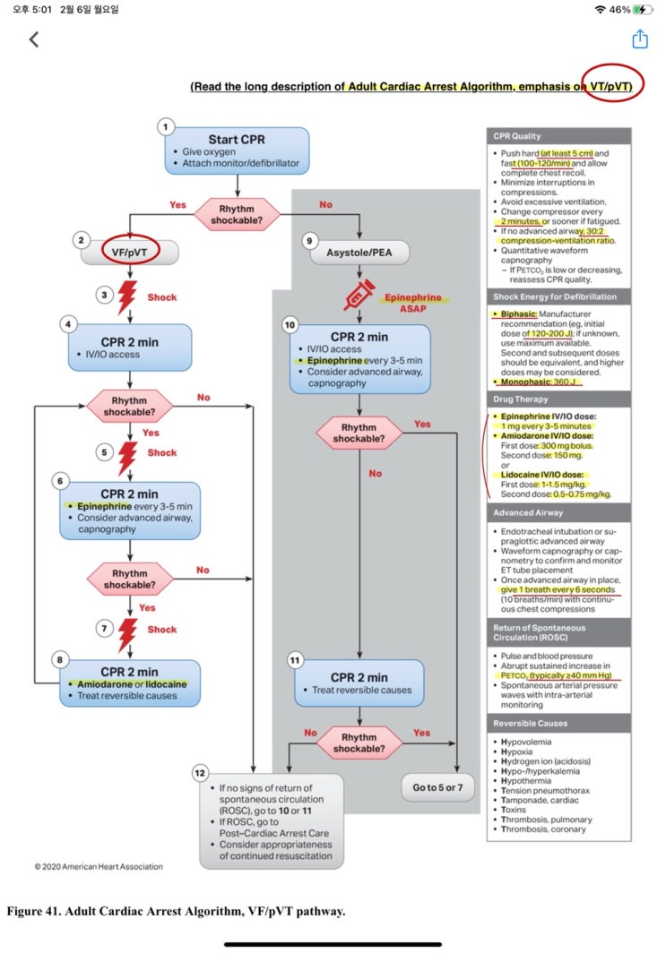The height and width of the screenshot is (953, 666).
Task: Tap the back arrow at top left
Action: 34,39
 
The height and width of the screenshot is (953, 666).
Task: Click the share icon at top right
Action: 639,39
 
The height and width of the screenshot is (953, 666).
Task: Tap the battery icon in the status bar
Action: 643,9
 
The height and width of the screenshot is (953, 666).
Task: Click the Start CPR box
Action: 236,150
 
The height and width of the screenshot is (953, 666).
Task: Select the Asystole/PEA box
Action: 359,253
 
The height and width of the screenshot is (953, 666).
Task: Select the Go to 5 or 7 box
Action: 437,788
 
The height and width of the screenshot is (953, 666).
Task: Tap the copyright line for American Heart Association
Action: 99,866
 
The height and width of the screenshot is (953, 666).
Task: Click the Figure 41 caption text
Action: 176,912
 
